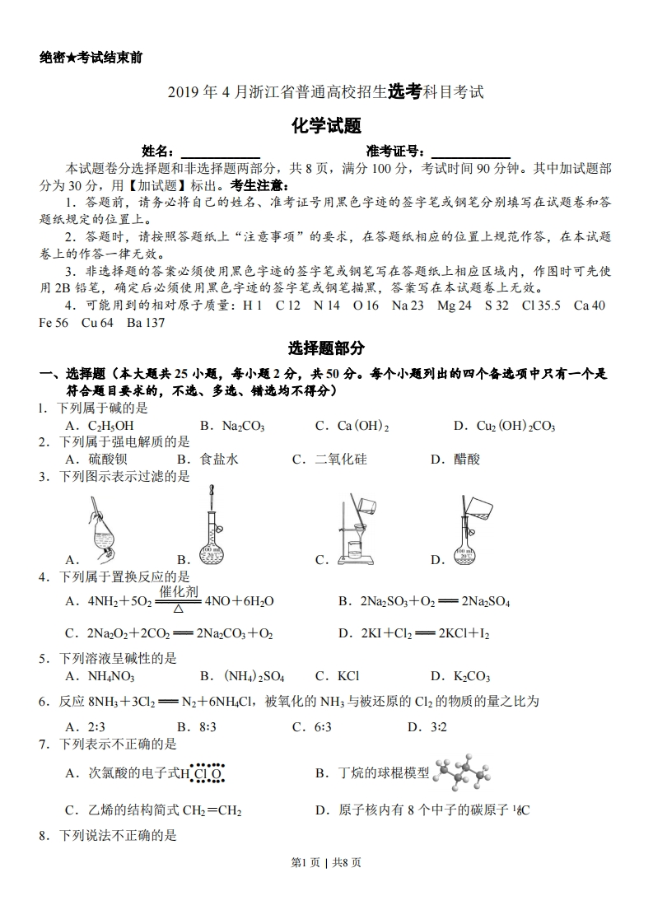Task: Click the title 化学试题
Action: pos(326,126)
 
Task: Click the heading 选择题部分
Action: pos(326,348)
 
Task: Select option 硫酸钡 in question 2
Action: pos(107,460)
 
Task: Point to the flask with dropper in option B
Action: pos(212,527)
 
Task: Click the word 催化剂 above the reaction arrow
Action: pos(178,591)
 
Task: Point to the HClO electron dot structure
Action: pos(202,773)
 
